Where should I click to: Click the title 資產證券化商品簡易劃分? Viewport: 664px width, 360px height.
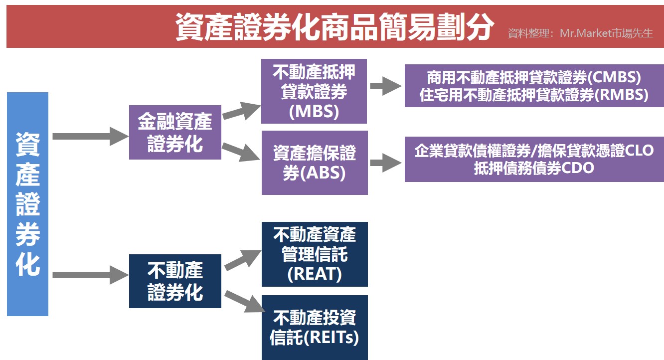[x=334, y=26]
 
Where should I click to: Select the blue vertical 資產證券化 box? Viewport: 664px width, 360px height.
[x=28, y=204]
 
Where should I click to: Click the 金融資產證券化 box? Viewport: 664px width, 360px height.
[x=175, y=132]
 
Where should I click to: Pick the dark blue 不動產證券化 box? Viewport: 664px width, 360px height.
[x=175, y=281]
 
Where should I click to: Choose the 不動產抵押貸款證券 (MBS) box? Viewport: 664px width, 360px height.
[x=314, y=91]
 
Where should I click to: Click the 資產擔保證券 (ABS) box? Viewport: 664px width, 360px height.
[x=315, y=163]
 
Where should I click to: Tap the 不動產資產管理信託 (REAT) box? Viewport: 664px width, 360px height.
[x=315, y=254]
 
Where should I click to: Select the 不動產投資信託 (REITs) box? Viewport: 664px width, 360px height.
[x=315, y=327]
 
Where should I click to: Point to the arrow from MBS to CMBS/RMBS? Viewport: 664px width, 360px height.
[x=385, y=86]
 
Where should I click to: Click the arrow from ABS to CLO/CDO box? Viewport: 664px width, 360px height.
[x=385, y=163]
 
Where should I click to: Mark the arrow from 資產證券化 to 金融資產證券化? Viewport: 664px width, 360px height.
[x=90, y=136]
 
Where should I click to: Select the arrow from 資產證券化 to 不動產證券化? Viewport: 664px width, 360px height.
[x=90, y=274]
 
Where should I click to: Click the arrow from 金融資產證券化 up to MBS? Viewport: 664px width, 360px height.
[x=241, y=111]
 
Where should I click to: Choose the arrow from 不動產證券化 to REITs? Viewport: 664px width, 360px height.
[x=242, y=302]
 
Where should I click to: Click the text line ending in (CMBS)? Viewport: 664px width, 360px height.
[x=533, y=78]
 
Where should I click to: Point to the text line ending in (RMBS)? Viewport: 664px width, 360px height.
[x=533, y=95]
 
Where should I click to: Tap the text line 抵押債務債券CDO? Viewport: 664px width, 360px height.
[x=533, y=168]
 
